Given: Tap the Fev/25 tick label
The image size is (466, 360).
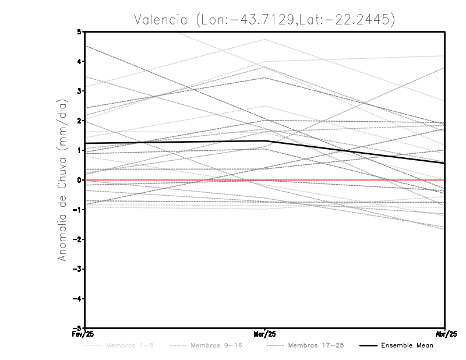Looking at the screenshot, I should tap(84, 334).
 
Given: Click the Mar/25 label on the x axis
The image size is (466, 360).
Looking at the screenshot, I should tap(265, 334).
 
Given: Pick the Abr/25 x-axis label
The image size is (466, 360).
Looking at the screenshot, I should tap(445, 334).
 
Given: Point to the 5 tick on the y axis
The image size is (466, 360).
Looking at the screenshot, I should tap(79, 31).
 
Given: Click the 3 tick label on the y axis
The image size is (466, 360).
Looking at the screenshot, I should tap(79, 91).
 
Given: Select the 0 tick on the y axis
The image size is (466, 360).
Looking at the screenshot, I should tap(79, 180).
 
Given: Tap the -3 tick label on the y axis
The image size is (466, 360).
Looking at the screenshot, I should tap(77, 269).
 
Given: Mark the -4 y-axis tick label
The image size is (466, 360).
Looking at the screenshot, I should tap(77, 299).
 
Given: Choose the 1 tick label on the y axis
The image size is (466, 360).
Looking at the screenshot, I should tap(79, 150).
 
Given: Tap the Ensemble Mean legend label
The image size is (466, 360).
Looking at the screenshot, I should tap(407, 345).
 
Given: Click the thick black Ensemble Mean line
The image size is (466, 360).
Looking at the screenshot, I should tap(175, 142).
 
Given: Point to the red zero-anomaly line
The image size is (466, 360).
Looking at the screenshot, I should tap(349, 180).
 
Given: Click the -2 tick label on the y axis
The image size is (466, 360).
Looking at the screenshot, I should tap(77, 239).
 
